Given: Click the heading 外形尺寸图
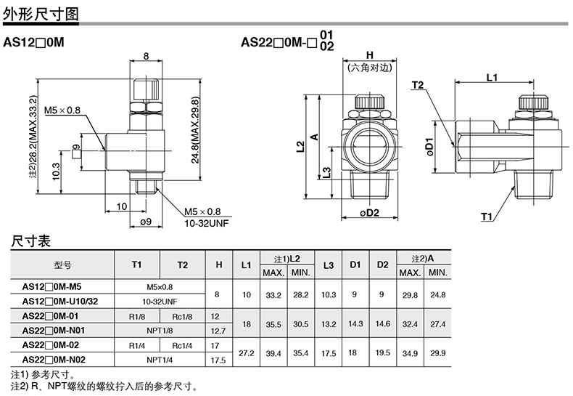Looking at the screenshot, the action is click(41, 14).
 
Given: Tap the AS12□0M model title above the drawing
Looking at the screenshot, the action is click(33, 42).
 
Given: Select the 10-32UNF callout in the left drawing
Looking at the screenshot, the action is click(207, 223).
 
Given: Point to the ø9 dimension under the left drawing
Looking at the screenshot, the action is click(146, 222).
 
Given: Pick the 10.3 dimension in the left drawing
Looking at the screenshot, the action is click(56, 171).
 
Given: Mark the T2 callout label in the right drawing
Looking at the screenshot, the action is click(417, 85).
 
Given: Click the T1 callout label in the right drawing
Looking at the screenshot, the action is click(487, 217).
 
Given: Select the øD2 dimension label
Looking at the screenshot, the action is click(369, 213).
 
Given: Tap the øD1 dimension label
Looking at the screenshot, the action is click(429, 147).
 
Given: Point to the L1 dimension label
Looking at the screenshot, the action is click(492, 78).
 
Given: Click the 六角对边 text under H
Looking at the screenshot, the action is click(369, 68).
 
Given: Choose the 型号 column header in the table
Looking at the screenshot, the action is click(63, 265).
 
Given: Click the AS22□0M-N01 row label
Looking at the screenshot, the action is click(54, 331).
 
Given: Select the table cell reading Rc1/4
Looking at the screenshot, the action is click(182, 345).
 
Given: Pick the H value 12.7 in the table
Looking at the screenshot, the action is click(218, 331).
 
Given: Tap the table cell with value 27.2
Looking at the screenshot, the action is click(247, 353).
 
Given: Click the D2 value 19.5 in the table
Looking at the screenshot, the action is click(383, 352).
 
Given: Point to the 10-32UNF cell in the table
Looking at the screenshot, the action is click(160, 302).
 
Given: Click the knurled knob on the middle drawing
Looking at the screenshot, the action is click(369, 102).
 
